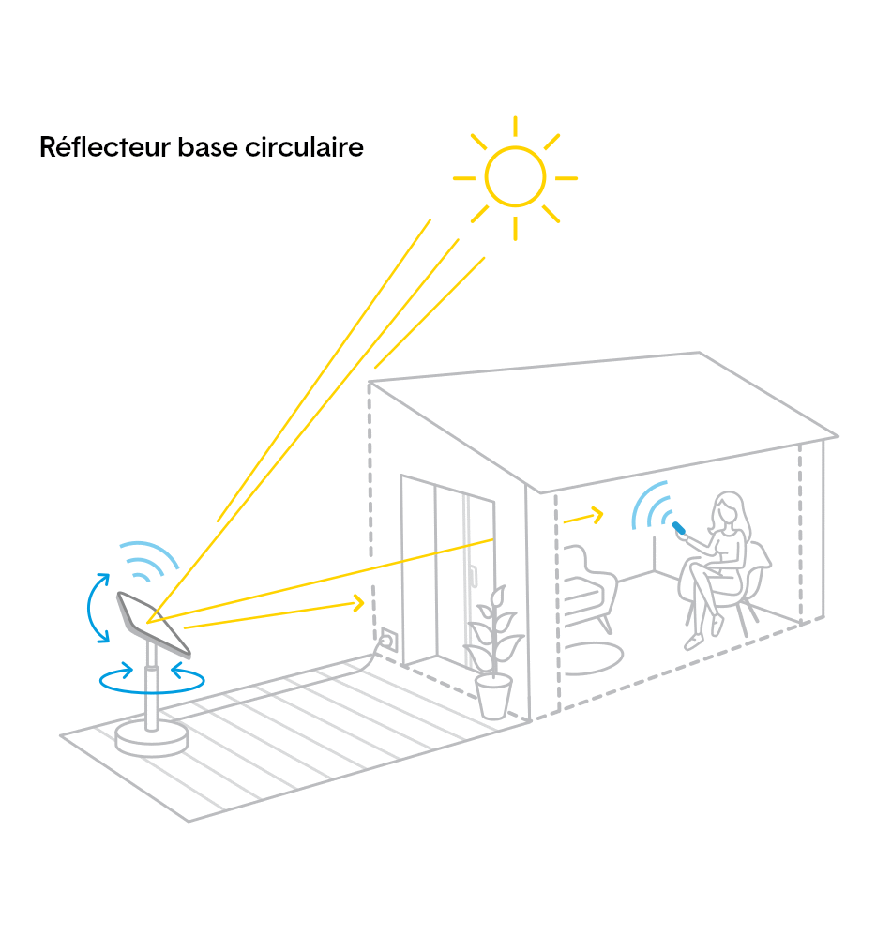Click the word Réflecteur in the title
coord(105,147)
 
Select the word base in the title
coord(207,147)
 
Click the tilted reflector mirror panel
coord(154,624)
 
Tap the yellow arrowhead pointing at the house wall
coord(359,603)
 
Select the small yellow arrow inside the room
coord(583,517)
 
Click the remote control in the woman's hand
coord(679,528)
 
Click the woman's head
coord(728,509)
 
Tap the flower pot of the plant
coord(493,697)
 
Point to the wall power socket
coord(388,640)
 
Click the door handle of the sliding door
coord(473,576)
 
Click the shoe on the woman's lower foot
coord(693,642)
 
